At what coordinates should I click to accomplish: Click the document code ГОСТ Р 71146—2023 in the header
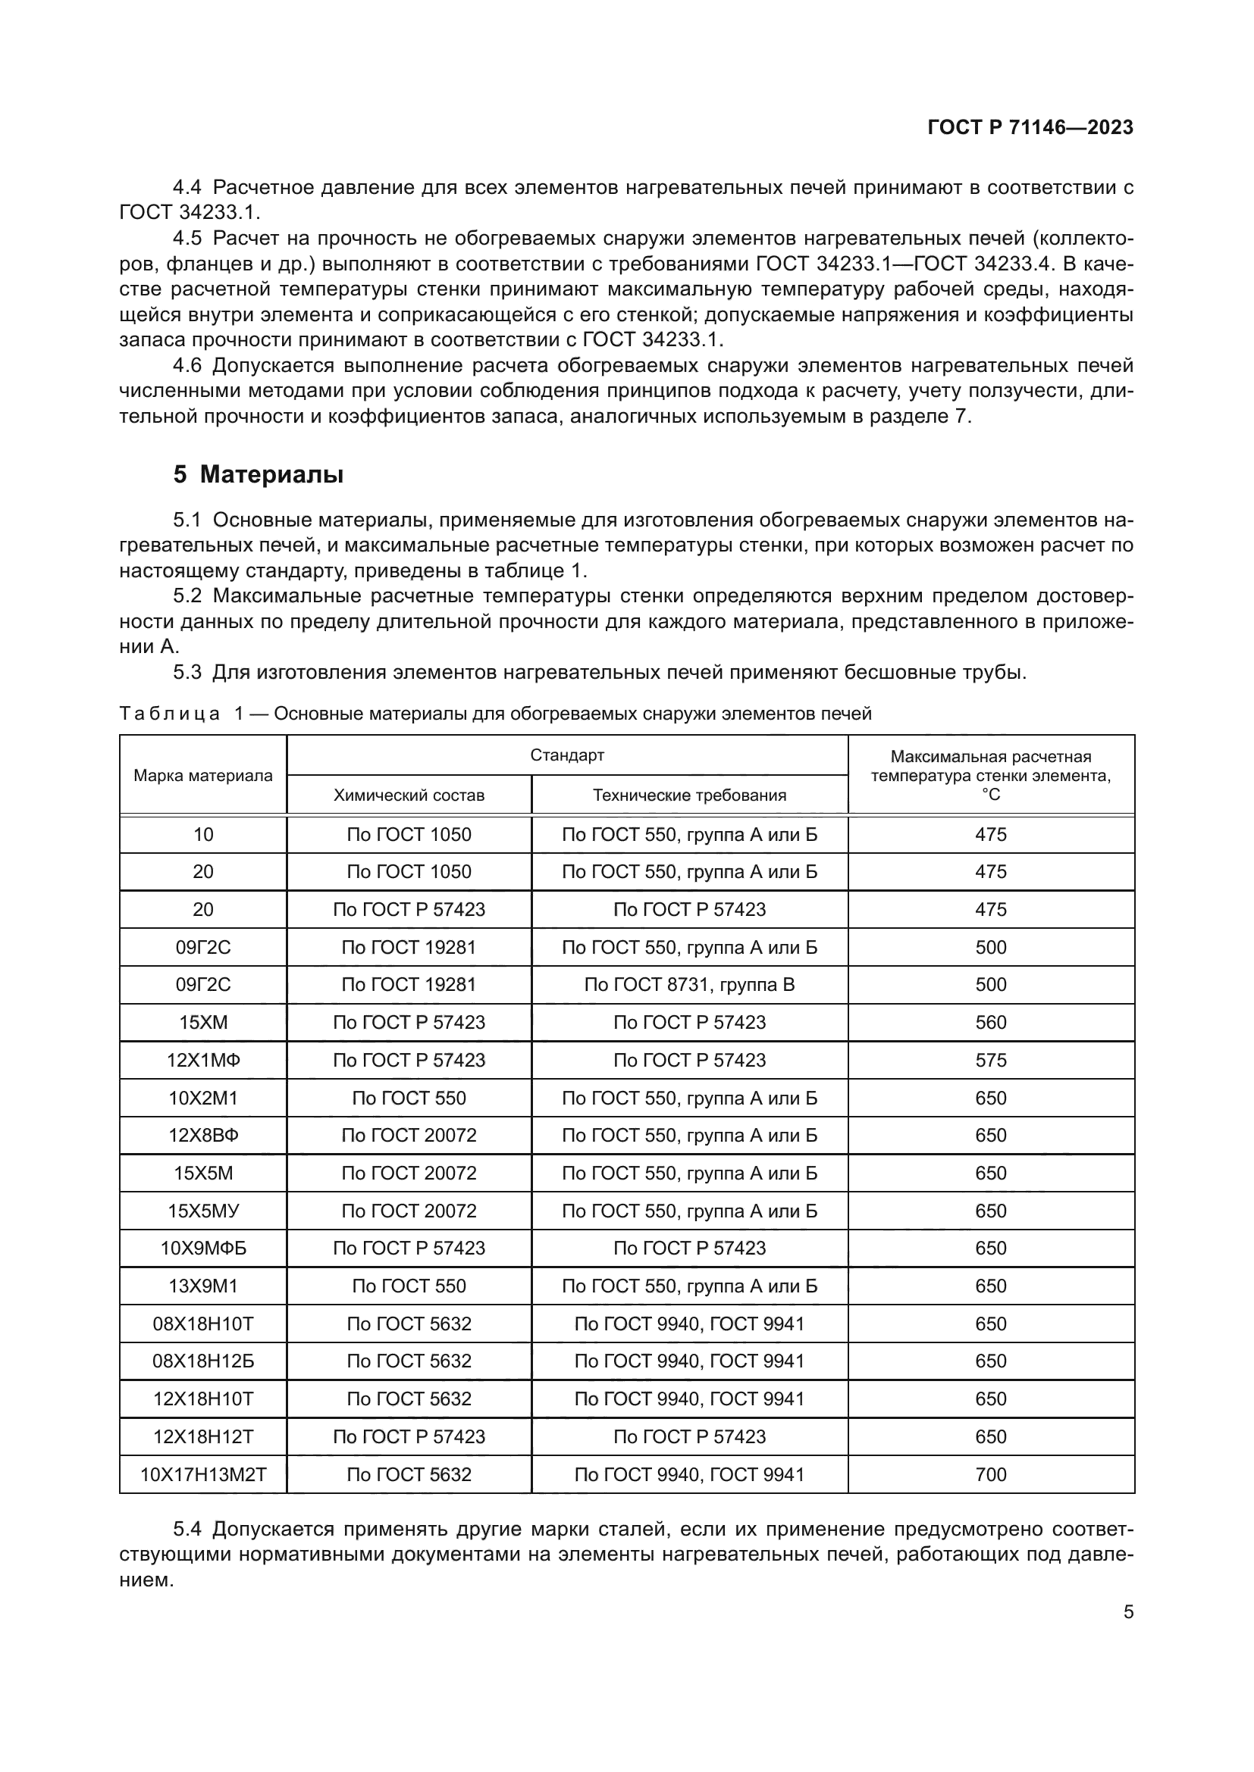[x=1030, y=127]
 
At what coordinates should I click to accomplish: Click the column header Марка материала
[x=203, y=775]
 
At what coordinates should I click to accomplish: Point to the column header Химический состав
[x=409, y=795]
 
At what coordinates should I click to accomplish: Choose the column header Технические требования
[x=688, y=795]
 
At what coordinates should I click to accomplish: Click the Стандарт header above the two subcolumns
[x=567, y=755]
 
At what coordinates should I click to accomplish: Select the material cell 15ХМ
[x=203, y=1023]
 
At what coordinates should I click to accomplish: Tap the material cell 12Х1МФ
[x=203, y=1061]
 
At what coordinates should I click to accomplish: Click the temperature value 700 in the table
[x=991, y=1475]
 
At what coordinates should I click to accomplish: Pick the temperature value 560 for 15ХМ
[x=991, y=1023]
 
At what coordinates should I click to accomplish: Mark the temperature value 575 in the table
[x=991, y=1061]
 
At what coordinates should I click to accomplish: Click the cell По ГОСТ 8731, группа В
[x=688, y=985]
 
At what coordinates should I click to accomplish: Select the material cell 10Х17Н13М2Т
[x=203, y=1475]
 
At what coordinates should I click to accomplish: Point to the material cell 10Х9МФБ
[x=203, y=1249]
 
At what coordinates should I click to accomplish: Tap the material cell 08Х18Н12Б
[x=203, y=1361]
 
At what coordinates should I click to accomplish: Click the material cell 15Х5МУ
[x=203, y=1211]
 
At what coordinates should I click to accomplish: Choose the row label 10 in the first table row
[x=203, y=834]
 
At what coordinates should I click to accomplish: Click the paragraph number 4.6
[x=187, y=366]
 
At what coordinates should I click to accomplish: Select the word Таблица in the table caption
[x=169, y=714]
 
